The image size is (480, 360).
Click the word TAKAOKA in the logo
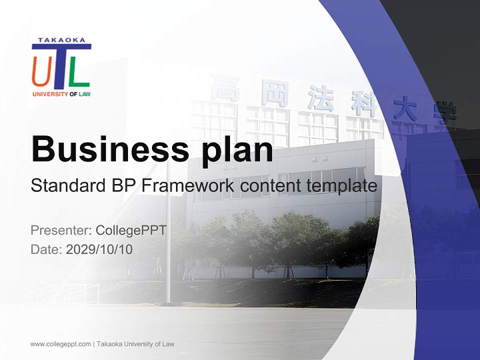point(61,40)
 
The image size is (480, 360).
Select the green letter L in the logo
point(78,71)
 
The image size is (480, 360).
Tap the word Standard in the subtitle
point(67,186)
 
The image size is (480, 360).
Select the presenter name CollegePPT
point(130,230)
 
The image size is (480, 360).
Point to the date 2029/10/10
point(99,249)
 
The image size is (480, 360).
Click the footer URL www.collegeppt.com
point(60,344)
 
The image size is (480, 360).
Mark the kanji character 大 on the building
point(404,108)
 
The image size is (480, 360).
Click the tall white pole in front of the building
point(168,240)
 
